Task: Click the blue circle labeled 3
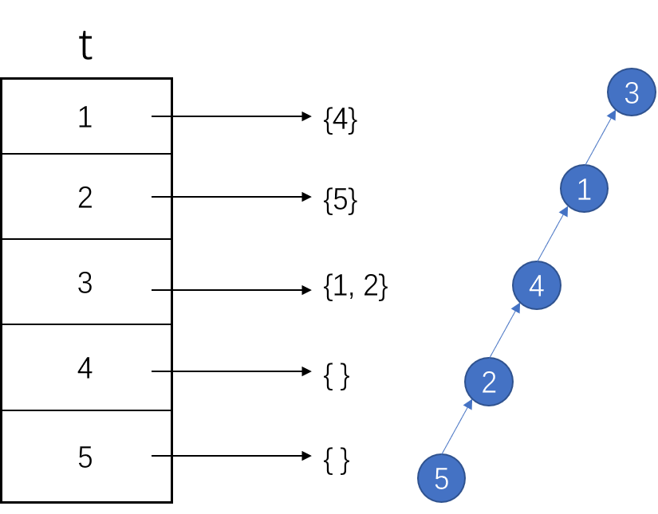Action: coord(632,92)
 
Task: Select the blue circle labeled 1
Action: coord(584,189)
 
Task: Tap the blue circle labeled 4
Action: coord(537,285)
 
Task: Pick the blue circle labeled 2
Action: coord(489,382)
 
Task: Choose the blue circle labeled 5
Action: coord(441,478)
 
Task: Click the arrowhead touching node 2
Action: coord(469,405)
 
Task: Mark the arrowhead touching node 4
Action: coord(517,308)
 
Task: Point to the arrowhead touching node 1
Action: coord(564,211)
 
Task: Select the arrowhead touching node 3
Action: coord(612,115)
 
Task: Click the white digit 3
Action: coord(632,93)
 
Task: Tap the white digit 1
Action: coord(584,190)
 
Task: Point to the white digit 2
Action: coord(489,383)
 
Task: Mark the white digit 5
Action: coord(441,479)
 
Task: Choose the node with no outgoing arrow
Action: coord(632,92)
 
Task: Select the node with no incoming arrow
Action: coord(441,478)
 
